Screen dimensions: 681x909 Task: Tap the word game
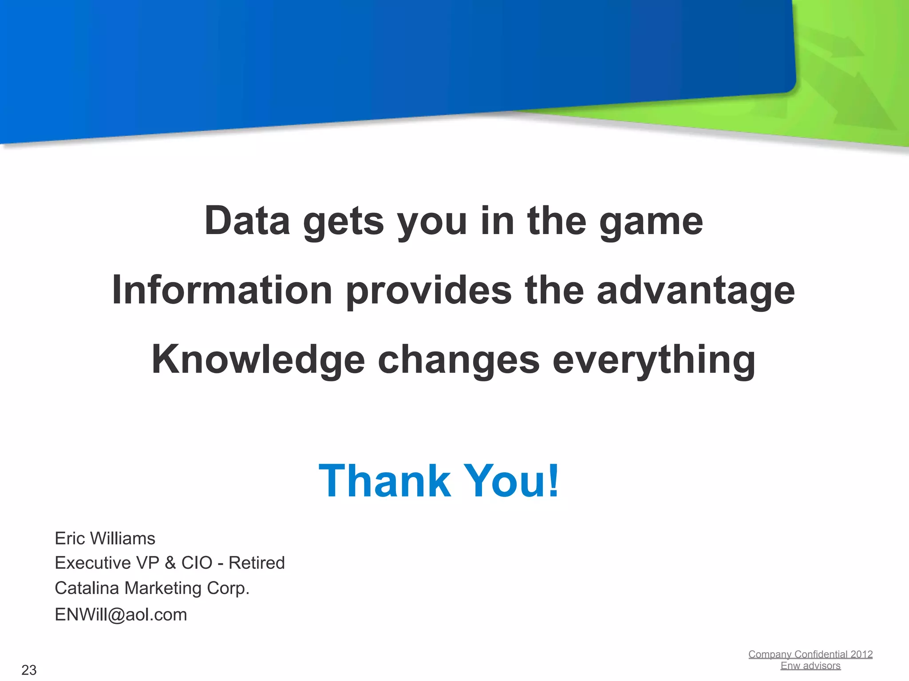click(651, 222)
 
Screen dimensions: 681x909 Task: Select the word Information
click(222, 290)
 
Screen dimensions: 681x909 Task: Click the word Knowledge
click(258, 360)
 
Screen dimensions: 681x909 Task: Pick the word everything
click(654, 360)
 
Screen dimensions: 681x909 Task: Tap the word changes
click(458, 360)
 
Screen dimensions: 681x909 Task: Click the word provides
click(429, 291)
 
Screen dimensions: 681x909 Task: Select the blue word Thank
click(384, 481)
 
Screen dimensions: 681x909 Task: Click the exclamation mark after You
click(553, 481)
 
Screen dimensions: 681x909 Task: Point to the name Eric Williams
click(105, 538)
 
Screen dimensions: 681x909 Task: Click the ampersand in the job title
click(170, 563)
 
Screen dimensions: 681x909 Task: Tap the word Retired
click(257, 563)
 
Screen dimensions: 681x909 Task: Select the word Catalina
click(87, 588)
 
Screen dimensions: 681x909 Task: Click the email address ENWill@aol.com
click(121, 615)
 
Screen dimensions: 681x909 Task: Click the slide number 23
click(29, 670)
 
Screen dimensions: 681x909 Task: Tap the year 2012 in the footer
click(862, 654)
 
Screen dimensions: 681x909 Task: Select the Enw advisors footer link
click(810, 666)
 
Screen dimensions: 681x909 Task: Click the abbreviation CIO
click(197, 563)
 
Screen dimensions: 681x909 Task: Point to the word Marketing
click(163, 588)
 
